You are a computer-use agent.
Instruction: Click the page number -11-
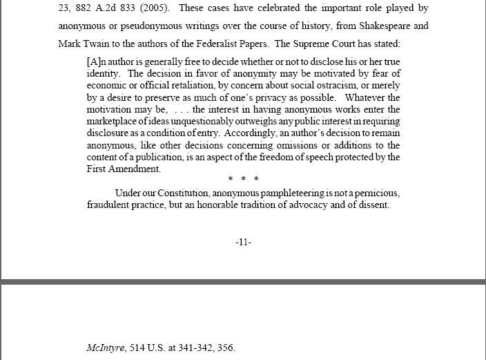[x=243, y=242]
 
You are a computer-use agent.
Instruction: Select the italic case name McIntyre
[x=105, y=348]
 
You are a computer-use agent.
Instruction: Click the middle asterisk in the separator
[x=243, y=180]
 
